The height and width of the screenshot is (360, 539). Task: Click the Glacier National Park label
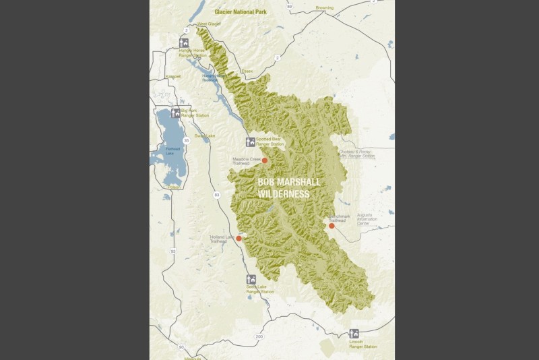click(241, 12)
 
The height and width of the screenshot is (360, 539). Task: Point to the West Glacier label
click(209, 24)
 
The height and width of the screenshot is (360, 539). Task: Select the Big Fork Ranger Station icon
click(176, 113)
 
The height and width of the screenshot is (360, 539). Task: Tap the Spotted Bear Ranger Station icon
click(251, 142)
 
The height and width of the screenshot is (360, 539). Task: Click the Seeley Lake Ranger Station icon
click(251, 279)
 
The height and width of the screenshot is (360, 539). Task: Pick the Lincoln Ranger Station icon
click(354, 333)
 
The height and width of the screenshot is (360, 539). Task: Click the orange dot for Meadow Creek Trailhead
click(265, 160)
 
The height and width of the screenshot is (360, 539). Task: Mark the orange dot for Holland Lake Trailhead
click(239, 238)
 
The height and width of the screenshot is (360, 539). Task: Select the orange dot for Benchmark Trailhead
click(331, 226)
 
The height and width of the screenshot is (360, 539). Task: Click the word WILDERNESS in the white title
click(284, 194)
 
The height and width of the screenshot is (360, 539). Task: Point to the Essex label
click(247, 69)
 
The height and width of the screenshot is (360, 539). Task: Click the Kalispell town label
click(173, 77)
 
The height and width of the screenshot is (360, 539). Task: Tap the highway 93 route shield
click(173, 251)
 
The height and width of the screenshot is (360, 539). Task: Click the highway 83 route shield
click(216, 194)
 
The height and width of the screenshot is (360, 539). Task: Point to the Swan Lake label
click(204, 136)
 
